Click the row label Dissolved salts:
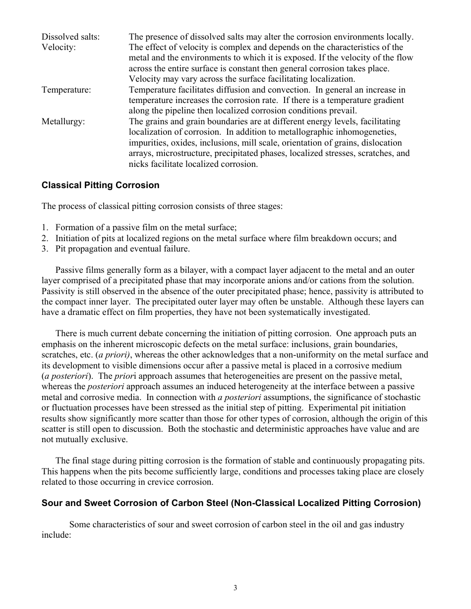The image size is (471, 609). pyautogui.click(x=70, y=37)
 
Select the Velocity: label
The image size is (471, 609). pyautogui.click(x=59, y=48)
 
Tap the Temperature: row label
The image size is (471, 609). pyautogui.click(x=66, y=90)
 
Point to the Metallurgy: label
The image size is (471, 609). pyautogui.click(x=63, y=121)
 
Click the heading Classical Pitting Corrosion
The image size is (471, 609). pyautogui.click(x=100, y=185)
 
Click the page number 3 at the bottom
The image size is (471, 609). pyautogui.click(x=235, y=588)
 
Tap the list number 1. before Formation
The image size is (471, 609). pyautogui.click(x=45, y=227)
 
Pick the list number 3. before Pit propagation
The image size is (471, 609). pyautogui.click(x=45, y=249)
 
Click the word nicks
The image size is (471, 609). pyautogui.click(x=139, y=164)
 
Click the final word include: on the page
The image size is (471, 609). pyautogui.click(x=57, y=535)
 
